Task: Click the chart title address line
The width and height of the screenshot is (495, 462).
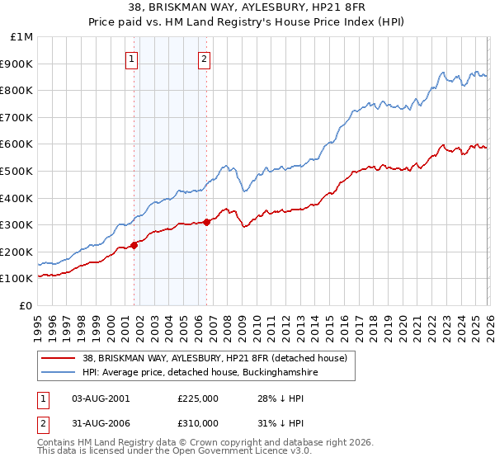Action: tap(247, 7)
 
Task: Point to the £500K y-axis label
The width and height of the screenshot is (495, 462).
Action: tap(17, 172)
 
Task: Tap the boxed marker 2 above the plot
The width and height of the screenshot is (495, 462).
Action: tap(204, 59)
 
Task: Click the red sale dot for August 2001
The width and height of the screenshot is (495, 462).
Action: tap(134, 245)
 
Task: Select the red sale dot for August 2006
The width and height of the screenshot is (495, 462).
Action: tap(207, 222)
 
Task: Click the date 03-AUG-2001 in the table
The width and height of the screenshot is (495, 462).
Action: tap(101, 398)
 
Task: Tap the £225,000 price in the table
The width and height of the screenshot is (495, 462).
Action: tap(197, 398)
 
